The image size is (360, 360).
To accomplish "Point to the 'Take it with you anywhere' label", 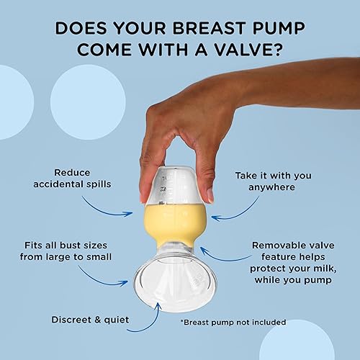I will click(x=276, y=181).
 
